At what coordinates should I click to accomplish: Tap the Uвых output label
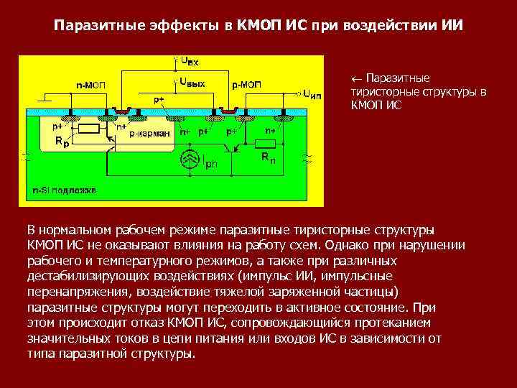click(x=192, y=83)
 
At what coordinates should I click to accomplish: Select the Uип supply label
click(x=312, y=93)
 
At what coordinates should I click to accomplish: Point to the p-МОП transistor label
click(x=246, y=84)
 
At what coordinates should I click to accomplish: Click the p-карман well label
click(x=149, y=134)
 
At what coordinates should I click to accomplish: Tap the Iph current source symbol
click(x=190, y=160)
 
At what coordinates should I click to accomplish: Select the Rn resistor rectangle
click(x=270, y=144)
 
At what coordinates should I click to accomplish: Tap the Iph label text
click(x=209, y=165)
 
